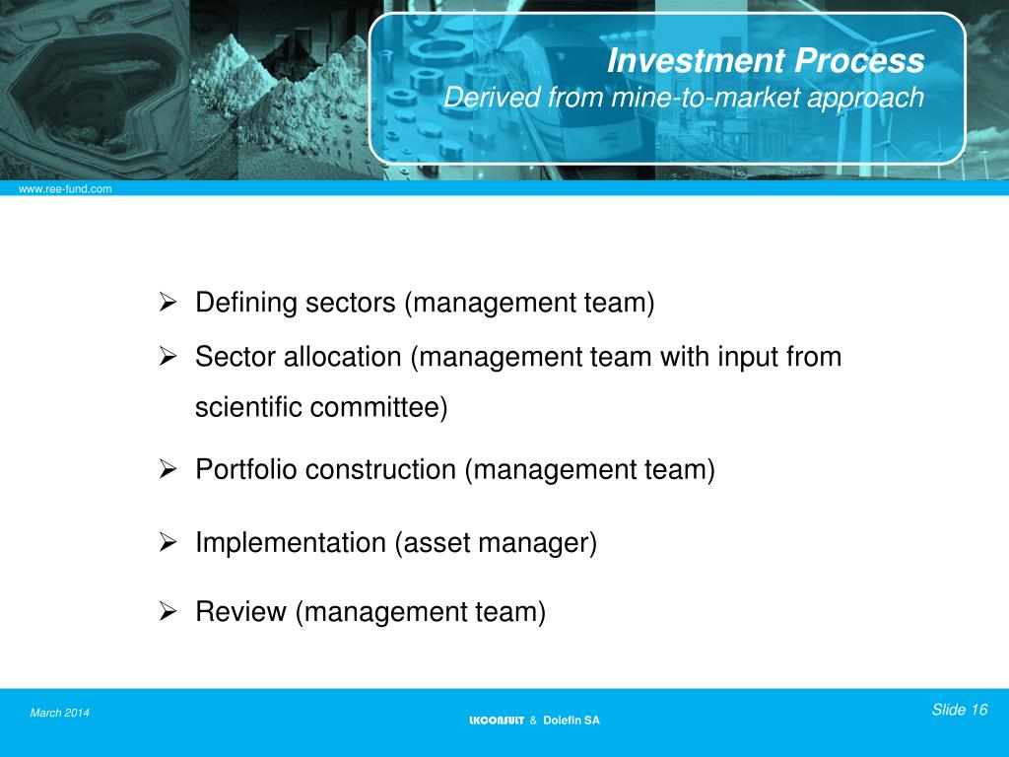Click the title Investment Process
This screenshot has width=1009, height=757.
click(766, 61)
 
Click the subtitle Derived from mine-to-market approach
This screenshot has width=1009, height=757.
click(684, 98)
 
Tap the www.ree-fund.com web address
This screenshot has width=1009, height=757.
click(59, 188)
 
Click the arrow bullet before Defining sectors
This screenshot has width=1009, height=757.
click(168, 303)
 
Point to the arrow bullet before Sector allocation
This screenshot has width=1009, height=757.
click(168, 356)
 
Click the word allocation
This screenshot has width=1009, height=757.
click(344, 357)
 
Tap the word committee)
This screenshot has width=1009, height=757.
click(379, 407)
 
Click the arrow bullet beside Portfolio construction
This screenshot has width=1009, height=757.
click(168, 470)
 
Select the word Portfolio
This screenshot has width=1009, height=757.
click(246, 470)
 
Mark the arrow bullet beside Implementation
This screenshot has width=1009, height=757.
click(168, 542)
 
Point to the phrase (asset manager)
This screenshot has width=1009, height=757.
click(497, 543)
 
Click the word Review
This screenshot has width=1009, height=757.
click(241, 612)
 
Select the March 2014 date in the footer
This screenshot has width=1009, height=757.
click(60, 713)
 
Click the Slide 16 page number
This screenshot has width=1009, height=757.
click(959, 710)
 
